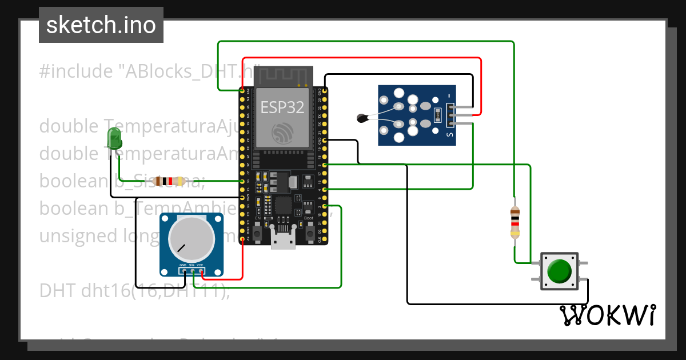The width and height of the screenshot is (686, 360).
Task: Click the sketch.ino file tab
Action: coord(101,25)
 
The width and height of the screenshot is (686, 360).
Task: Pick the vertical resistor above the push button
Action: coord(515,222)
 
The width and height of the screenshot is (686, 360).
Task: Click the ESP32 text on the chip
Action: coord(282,107)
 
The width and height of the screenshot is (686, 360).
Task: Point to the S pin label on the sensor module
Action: coord(450,135)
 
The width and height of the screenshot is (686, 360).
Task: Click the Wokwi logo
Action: coord(607,315)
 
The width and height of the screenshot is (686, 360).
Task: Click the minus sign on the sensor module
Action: coord(450,95)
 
